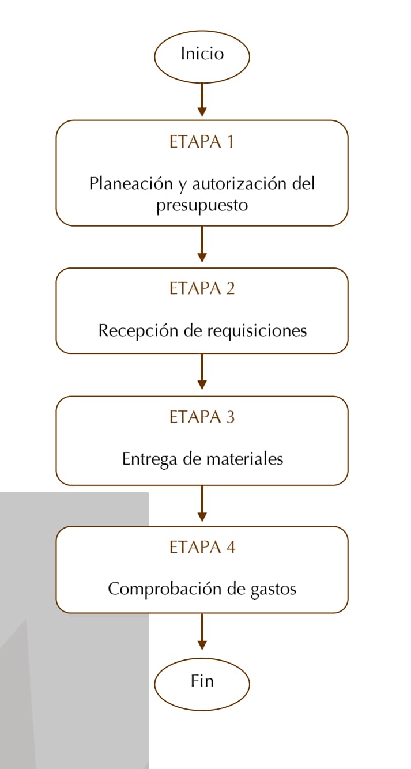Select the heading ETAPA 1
(x=202, y=142)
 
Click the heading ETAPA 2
(x=202, y=288)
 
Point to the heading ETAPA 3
(x=202, y=417)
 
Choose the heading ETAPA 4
(x=202, y=547)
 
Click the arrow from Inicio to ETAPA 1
(x=202, y=100)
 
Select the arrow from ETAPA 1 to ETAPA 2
(x=202, y=244)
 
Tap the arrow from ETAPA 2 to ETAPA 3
(x=202, y=372)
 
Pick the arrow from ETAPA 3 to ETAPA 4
(x=202, y=504)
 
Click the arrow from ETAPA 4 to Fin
(x=202, y=632)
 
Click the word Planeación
(x=131, y=184)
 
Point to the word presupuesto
(x=202, y=206)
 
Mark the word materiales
(x=244, y=459)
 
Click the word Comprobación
(x=165, y=589)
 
